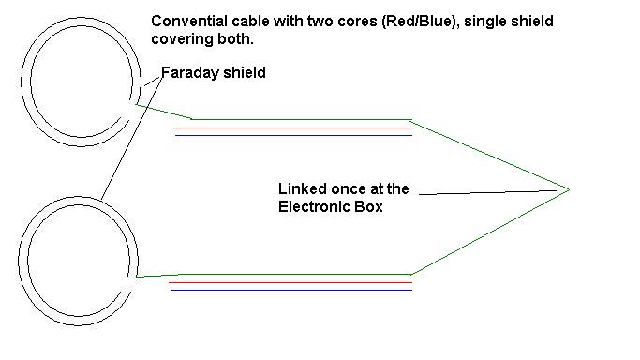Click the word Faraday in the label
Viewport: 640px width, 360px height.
tap(190, 73)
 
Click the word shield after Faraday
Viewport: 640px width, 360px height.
tap(244, 72)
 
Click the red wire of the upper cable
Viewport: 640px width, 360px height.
tap(292, 127)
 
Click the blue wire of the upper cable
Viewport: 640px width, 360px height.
tap(293, 135)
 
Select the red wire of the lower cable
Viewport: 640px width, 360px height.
tap(290, 282)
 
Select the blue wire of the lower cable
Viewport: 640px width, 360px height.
tap(291, 291)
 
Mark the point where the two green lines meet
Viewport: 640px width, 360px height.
tap(569, 189)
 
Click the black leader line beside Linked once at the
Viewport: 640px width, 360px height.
tap(488, 192)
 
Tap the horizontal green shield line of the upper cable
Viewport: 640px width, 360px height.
tap(301, 119)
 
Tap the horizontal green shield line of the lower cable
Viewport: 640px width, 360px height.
tap(294, 275)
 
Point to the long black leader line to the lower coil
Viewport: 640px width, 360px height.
tap(131, 138)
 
